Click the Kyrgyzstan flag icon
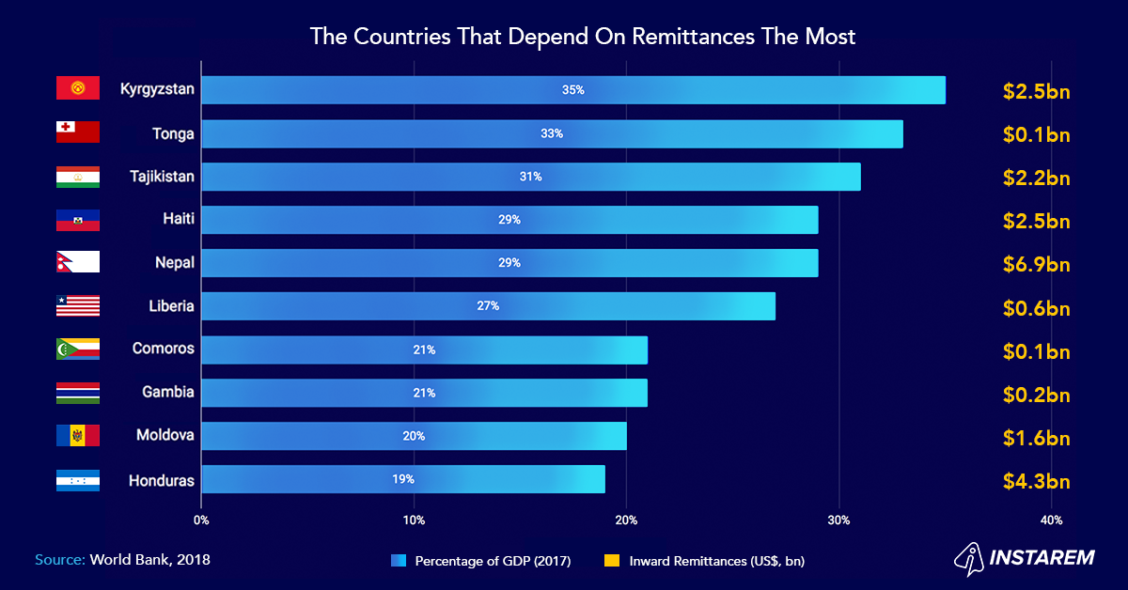tap(77, 89)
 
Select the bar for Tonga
tap(552, 133)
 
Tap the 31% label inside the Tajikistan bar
tap(531, 177)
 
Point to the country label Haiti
tap(178, 220)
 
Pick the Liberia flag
tap(77, 305)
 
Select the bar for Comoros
tap(424, 349)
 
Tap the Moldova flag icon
tap(77, 436)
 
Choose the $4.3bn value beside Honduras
tap(1036, 482)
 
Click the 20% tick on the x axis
tap(626, 520)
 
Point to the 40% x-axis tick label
tap(1051, 520)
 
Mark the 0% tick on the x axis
tap(201, 520)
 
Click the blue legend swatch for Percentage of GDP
tap(399, 561)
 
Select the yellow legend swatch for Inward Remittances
tap(611, 561)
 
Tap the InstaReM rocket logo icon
tap(971, 557)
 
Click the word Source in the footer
tap(60, 560)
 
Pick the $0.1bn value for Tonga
tap(1036, 135)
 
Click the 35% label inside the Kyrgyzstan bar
tap(573, 90)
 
